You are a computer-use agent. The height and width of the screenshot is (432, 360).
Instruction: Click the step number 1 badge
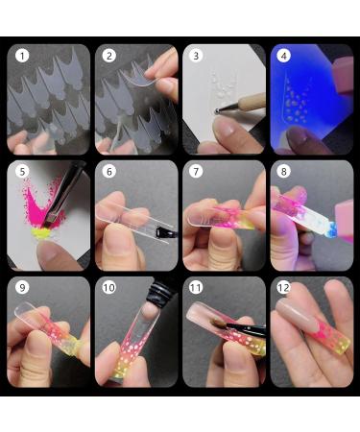pyautogui.click(x=21, y=56)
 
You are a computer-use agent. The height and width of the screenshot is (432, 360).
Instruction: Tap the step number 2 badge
pyautogui.click(x=109, y=56)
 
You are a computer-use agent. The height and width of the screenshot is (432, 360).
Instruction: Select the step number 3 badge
pyautogui.click(x=197, y=56)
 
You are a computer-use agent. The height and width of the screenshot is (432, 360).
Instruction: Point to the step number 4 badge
pyautogui.click(x=284, y=56)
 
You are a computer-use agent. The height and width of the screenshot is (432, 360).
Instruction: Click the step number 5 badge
pyautogui.click(x=21, y=171)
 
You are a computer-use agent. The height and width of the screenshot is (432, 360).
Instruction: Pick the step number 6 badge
pyautogui.click(x=109, y=171)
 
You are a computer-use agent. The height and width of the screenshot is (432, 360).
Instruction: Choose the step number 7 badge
pyautogui.click(x=197, y=171)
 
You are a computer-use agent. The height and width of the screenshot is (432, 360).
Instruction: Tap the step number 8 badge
pyautogui.click(x=284, y=171)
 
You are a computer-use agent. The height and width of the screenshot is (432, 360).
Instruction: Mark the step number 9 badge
pyautogui.click(x=21, y=287)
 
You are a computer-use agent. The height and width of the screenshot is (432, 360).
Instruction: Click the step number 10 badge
pyautogui.click(x=109, y=287)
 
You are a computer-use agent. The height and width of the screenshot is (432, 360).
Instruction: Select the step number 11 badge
pyautogui.click(x=197, y=287)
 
